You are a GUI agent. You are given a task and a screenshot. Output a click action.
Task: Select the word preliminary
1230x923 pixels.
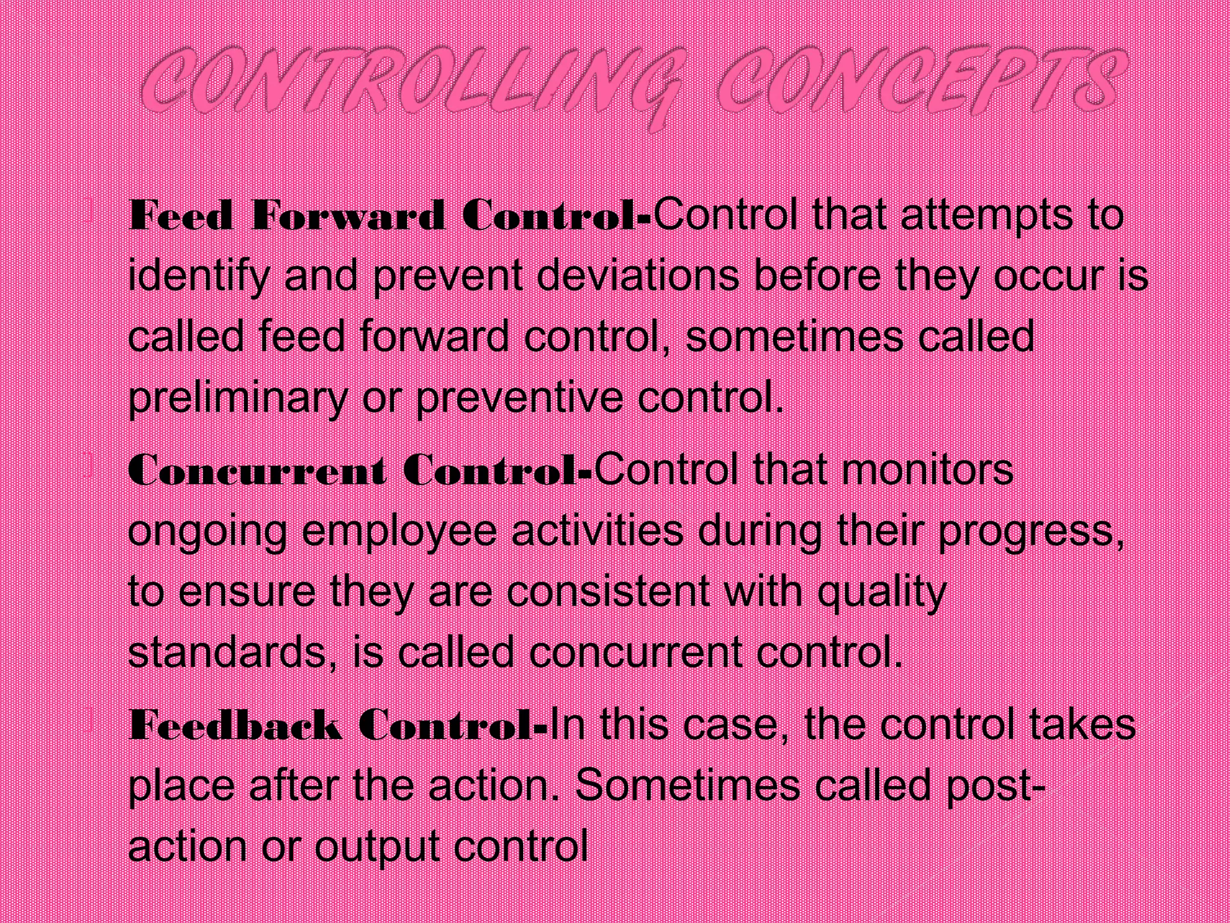tap(238, 398)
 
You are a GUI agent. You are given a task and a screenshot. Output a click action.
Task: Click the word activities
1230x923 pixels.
tap(598, 531)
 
